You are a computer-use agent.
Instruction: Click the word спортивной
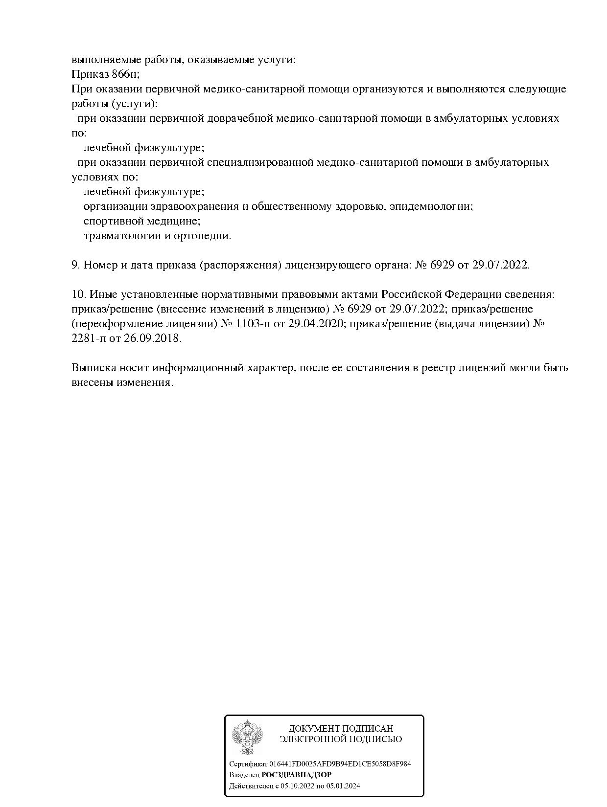tap(111, 221)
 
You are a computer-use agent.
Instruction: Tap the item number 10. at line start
tap(78, 294)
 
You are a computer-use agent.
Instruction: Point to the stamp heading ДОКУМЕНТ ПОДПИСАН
tap(341, 729)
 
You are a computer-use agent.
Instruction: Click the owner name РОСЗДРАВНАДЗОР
tap(297, 775)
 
